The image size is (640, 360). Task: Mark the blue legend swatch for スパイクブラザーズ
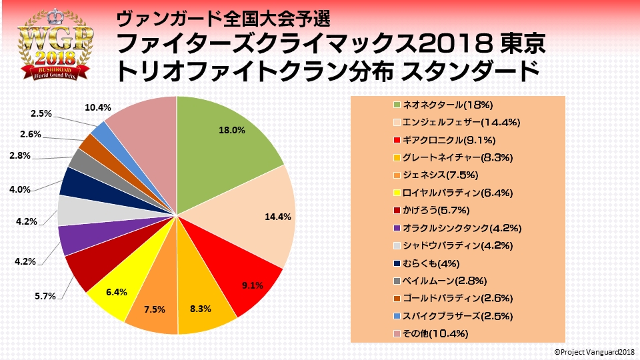point(397,315)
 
